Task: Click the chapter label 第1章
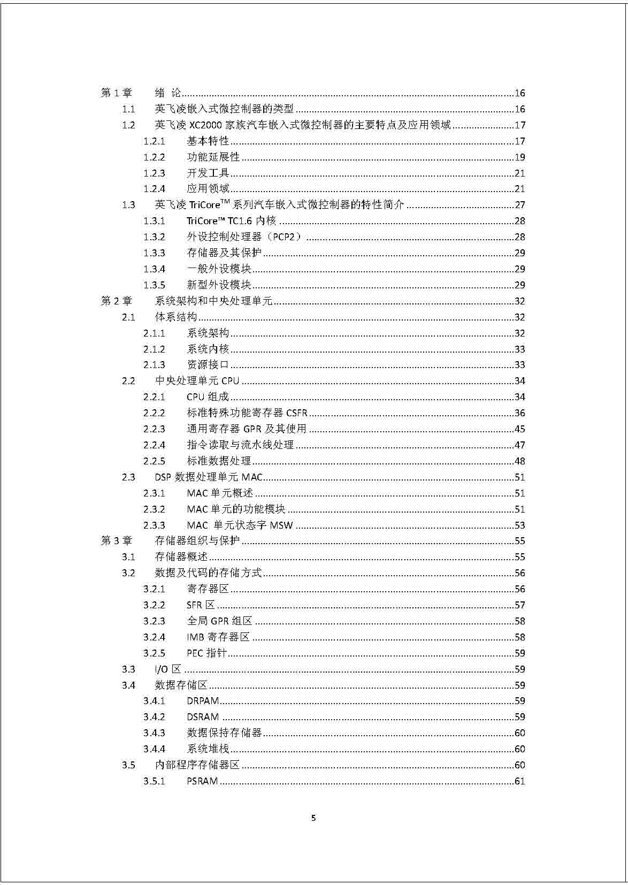116,93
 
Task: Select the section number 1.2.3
154,173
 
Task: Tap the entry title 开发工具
208,173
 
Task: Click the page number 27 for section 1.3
519,205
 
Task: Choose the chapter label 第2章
116,301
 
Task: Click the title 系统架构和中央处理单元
213,301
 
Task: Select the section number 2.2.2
154,413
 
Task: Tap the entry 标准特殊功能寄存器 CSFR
247,413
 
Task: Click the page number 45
519,429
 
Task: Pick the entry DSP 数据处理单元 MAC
209,477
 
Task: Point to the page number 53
519,525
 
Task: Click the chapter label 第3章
116,541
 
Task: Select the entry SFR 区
201,605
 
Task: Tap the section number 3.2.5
154,653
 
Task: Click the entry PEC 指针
206,653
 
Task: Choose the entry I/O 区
168,669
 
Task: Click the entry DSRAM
203,717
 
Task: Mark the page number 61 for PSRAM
519,781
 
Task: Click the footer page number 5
313,818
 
